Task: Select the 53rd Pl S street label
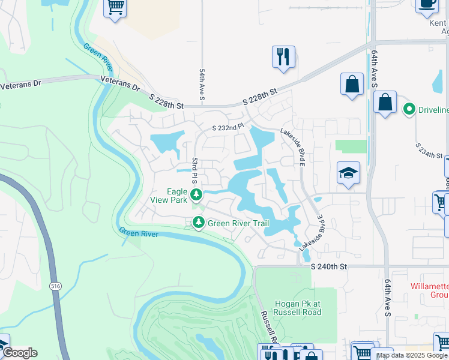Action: [194, 171]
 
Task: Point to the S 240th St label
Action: [329, 266]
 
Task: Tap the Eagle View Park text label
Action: [169, 196]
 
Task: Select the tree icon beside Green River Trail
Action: [198, 223]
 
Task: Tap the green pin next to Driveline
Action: [409, 109]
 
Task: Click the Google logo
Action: [20, 353]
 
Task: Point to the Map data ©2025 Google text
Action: [412, 355]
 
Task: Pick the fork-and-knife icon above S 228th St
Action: [282, 56]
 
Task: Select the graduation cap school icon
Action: [348, 173]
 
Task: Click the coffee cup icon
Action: [427, 4]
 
